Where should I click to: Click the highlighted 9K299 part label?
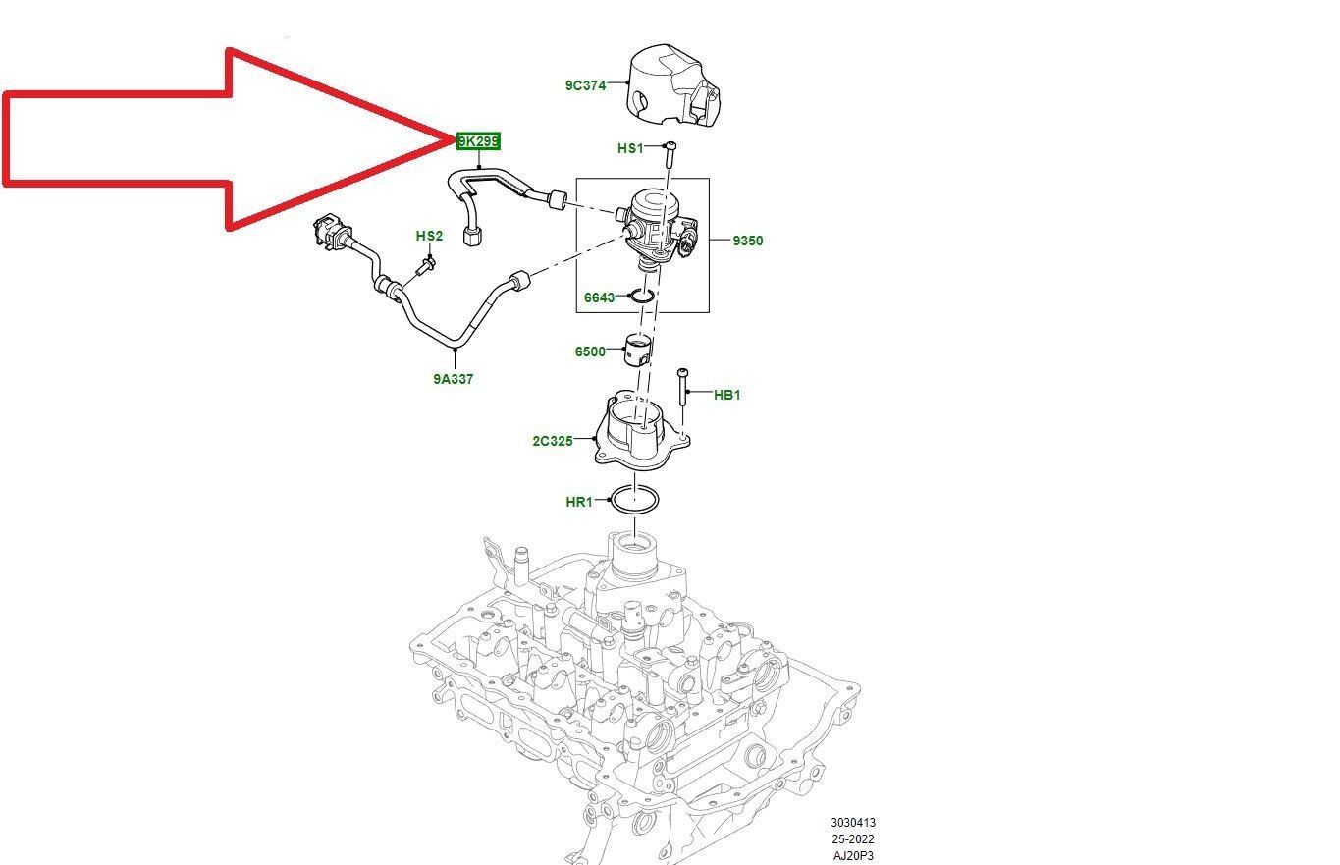point(479,141)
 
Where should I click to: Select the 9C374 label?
point(585,85)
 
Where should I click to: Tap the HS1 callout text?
point(630,148)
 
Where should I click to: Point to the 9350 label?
point(747,241)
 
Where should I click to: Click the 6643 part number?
point(599,297)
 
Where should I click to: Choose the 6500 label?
point(590,351)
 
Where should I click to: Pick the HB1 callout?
point(727,395)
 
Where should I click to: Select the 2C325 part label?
point(553,441)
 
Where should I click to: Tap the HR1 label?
point(579,502)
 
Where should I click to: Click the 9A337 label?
point(454,379)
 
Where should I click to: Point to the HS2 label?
point(429,236)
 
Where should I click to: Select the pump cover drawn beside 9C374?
point(674,86)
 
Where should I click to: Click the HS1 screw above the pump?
point(669,156)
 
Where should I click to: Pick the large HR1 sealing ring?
point(634,500)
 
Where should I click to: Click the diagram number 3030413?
point(852,823)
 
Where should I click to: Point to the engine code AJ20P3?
point(852,856)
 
